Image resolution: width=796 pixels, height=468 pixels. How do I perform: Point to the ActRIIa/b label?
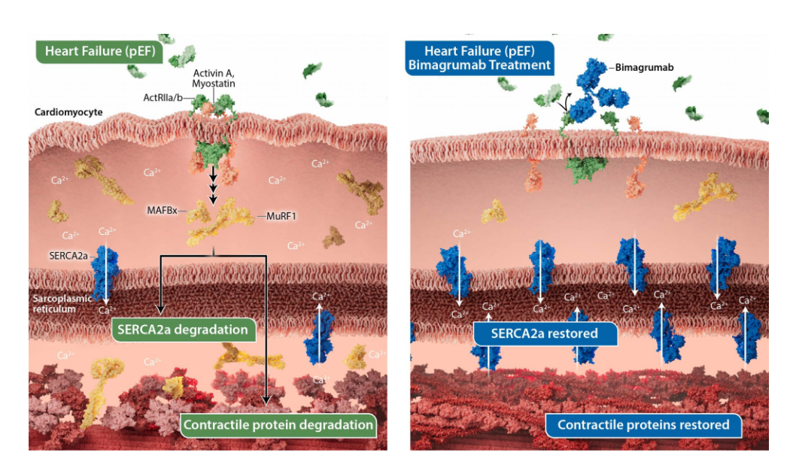pyautogui.click(x=162, y=98)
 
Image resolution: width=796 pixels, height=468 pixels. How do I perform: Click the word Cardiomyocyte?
pyautogui.click(x=68, y=112)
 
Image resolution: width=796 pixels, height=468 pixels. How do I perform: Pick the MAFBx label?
pyautogui.click(x=162, y=211)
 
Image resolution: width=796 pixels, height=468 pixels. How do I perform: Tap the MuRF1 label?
pyautogui.click(x=280, y=216)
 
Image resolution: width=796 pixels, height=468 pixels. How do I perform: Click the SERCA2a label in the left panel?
pyautogui.click(x=68, y=257)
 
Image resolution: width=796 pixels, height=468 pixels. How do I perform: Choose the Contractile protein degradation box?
pyautogui.click(x=277, y=424)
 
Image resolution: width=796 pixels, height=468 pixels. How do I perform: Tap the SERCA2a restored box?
pyautogui.click(x=545, y=333)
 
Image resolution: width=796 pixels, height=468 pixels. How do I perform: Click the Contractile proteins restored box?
pyautogui.click(x=643, y=424)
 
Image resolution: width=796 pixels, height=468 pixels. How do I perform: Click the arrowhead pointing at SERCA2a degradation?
pyautogui.click(x=160, y=308)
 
